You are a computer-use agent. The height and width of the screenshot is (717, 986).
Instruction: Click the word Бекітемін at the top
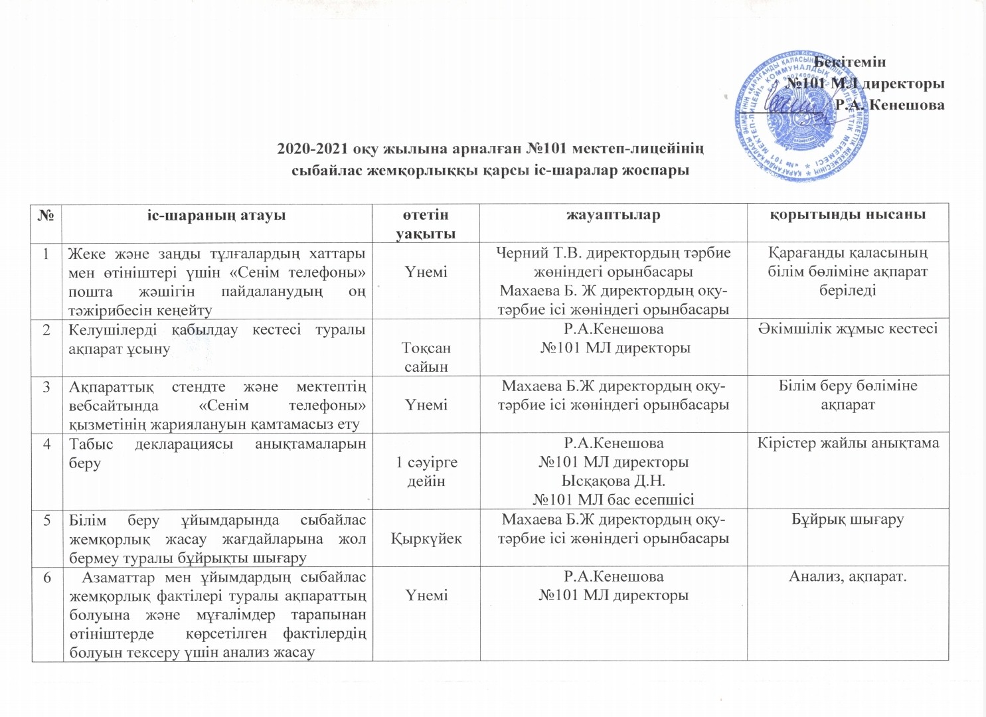click(850, 62)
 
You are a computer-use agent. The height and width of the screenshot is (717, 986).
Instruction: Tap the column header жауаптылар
click(613, 214)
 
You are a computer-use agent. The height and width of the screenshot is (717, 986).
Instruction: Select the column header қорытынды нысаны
click(848, 214)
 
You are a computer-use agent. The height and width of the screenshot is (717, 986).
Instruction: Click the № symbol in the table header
click(46, 214)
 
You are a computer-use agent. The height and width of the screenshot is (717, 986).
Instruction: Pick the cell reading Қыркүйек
click(426, 538)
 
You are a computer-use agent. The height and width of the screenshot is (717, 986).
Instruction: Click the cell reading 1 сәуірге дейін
click(426, 471)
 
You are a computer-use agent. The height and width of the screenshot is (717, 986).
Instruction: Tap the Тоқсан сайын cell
click(426, 357)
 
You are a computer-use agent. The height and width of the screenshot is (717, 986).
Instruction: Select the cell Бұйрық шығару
click(848, 519)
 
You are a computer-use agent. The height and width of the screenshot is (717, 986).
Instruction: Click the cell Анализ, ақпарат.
click(848, 576)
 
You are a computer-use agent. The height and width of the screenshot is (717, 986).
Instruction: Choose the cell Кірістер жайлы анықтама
click(848, 443)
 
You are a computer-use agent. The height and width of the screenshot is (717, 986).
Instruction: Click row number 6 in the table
click(47, 577)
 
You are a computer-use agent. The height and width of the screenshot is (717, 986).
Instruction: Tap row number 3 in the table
click(47, 386)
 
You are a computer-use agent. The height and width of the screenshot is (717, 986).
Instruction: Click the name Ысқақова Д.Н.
click(613, 481)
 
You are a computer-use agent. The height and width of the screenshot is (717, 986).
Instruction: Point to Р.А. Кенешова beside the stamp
click(890, 105)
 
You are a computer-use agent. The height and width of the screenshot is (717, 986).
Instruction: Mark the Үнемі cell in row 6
click(426, 596)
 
